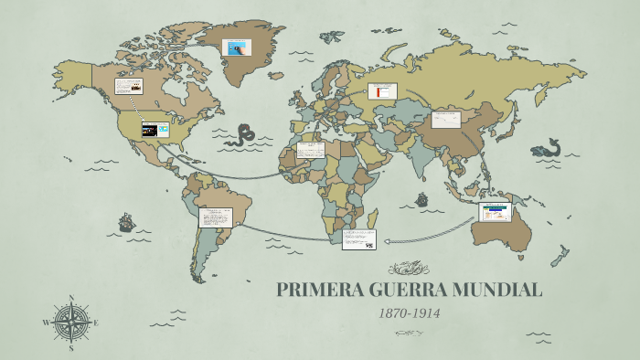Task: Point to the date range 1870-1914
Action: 410,313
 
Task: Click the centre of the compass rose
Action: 71,323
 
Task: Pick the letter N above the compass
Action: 71,298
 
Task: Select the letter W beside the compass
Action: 46,323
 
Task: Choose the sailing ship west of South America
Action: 126,222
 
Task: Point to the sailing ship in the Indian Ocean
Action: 421,198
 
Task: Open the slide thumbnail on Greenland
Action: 239,48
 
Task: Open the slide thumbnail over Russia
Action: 382,91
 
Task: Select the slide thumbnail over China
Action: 446,120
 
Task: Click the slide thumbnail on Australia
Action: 495,213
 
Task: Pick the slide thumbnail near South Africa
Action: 358,239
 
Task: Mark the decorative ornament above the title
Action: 409,268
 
